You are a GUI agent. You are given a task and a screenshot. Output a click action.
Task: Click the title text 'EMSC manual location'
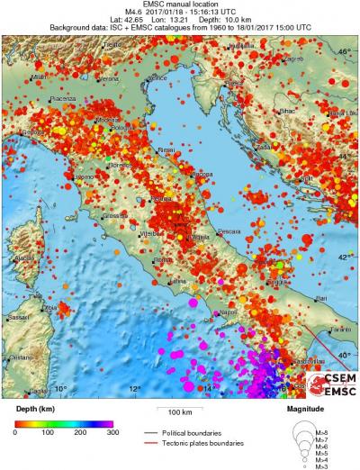180,5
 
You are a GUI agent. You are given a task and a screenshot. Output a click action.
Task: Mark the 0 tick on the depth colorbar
15,433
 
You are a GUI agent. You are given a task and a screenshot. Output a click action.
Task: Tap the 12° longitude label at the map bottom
135,389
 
